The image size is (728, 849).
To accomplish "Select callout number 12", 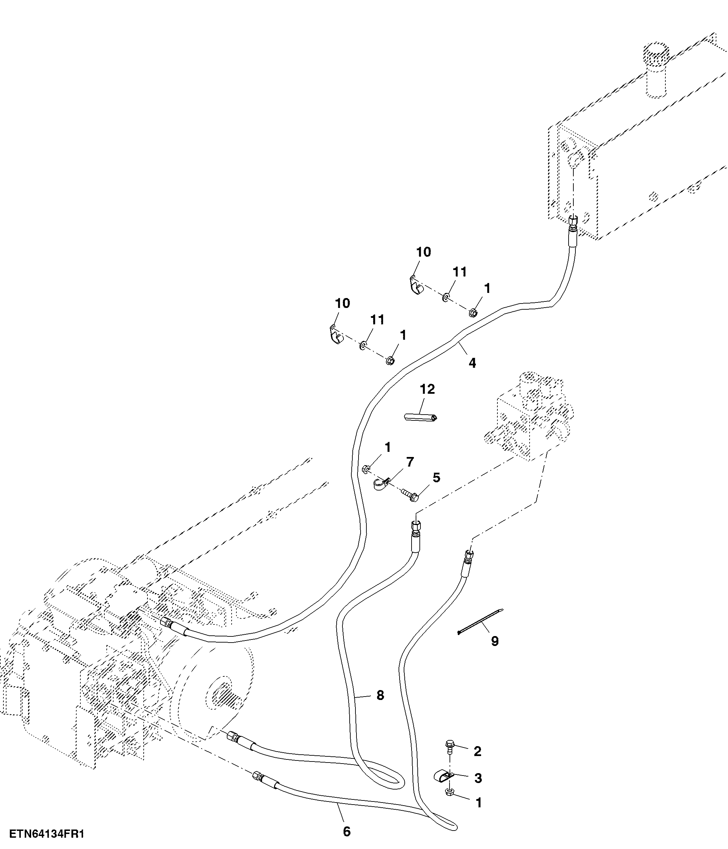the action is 427,389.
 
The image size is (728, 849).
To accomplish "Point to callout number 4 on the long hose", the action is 472,363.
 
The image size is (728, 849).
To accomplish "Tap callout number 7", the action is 410,462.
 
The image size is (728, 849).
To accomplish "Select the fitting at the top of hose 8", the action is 415,526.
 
